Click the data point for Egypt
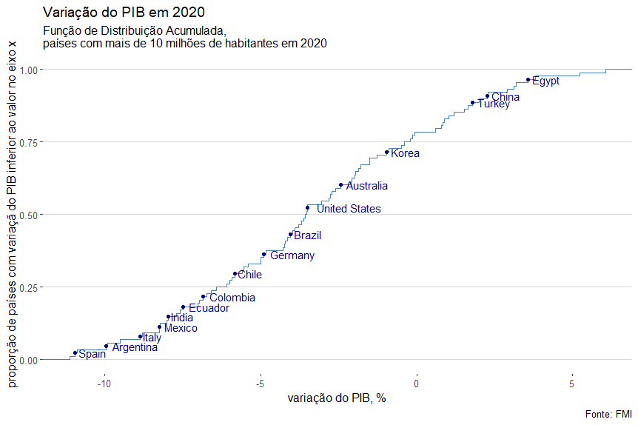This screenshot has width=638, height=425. (528, 79)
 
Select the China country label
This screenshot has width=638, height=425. (506, 97)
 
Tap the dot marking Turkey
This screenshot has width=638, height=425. (472, 103)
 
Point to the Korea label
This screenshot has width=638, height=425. (405, 154)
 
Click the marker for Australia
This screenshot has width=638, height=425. (340, 185)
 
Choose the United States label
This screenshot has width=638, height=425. (349, 209)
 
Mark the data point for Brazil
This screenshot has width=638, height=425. (291, 234)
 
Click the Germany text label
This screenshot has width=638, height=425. (292, 256)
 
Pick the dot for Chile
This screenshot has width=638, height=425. (235, 273)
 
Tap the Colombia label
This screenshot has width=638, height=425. (232, 298)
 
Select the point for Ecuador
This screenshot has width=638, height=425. (183, 307)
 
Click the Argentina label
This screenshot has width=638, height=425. (135, 347)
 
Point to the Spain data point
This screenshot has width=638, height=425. (75, 352)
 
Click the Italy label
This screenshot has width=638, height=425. (152, 338)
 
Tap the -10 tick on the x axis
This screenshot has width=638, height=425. (105, 384)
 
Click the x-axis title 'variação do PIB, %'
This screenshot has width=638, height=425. (337, 398)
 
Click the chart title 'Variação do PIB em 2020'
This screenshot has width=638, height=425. (124, 13)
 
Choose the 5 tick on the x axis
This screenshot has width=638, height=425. (572, 384)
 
